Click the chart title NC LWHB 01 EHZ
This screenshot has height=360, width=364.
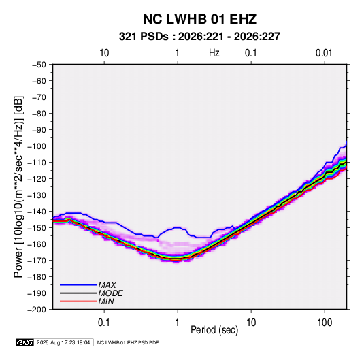click(x=199, y=19)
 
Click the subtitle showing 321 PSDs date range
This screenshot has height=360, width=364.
click(x=199, y=37)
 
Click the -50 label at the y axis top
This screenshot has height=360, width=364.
click(x=39, y=65)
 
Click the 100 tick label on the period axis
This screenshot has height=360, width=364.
click(x=325, y=323)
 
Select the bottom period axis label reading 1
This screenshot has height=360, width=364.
click(x=178, y=323)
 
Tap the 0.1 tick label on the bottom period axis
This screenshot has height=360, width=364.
click(x=103, y=323)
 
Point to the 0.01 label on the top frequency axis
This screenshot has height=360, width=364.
click(x=324, y=53)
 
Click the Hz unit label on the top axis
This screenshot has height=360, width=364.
click(x=214, y=53)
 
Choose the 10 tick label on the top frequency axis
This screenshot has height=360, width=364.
click(x=104, y=53)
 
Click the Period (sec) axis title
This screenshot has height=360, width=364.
click(x=214, y=330)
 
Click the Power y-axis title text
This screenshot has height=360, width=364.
click(x=18, y=187)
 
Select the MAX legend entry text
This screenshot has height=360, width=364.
click(x=107, y=285)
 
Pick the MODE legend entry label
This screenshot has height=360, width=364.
click(x=110, y=293)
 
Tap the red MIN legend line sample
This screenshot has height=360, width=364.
click(x=78, y=301)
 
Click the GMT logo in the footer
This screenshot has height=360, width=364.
click(x=25, y=342)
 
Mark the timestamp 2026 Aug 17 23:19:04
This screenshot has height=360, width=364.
click(x=63, y=342)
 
